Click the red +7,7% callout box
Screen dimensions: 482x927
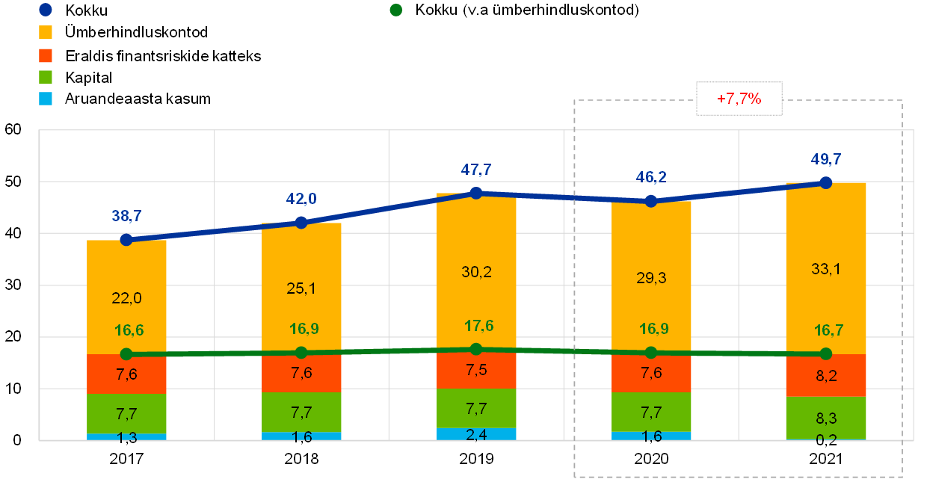(x=739, y=99)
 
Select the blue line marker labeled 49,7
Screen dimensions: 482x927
(x=825, y=182)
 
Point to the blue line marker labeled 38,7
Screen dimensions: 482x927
(x=126, y=240)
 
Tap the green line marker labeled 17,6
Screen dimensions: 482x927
(x=475, y=349)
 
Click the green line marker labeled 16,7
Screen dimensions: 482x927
(x=825, y=353)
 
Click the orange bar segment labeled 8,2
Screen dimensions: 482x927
(x=825, y=376)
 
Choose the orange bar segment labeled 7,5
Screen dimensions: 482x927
(x=475, y=371)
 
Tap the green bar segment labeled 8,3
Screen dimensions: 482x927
(x=825, y=418)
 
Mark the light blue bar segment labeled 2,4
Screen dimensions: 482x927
(x=475, y=434)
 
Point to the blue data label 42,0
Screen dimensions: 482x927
(x=301, y=199)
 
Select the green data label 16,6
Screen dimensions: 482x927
(x=129, y=330)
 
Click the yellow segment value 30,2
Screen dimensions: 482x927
(x=476, y=272)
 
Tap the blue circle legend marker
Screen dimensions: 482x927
(x=45, y=10)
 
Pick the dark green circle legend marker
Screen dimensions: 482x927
(x=395, y=10)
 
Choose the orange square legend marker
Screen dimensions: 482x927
(x=46, y=55)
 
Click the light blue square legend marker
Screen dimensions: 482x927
(x=46, y=99)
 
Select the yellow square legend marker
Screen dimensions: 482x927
(x=46, y=33)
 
